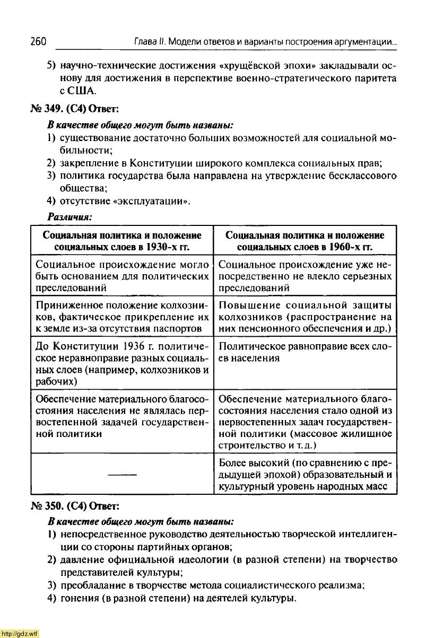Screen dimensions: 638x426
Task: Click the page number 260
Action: pyautogui.click(x=39, y=41)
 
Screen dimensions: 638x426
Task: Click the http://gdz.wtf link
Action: pyautogui.click(x=20, y=633)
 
